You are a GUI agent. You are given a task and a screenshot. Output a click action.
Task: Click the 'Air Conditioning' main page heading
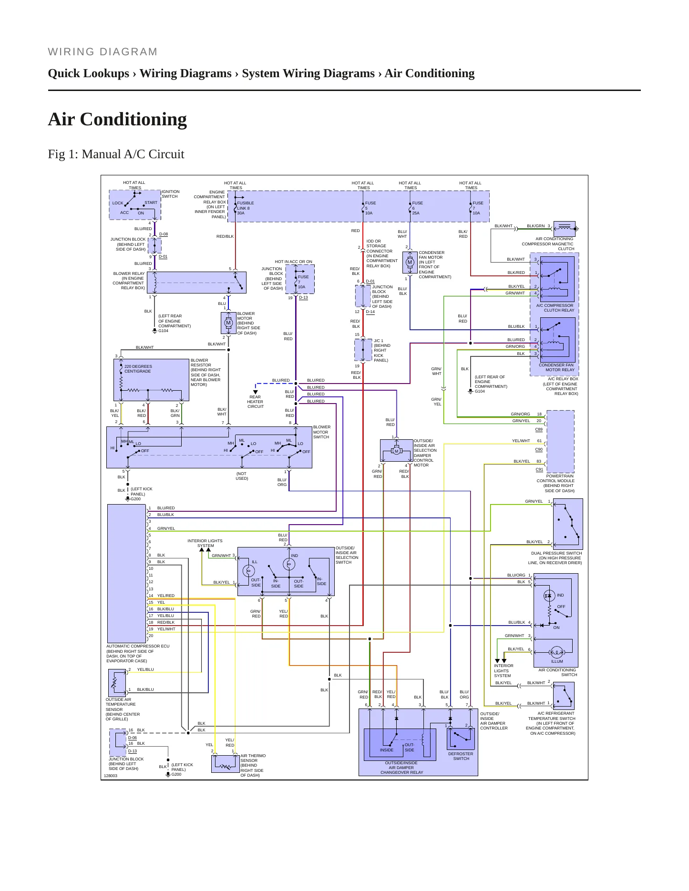click(x=117, y=119)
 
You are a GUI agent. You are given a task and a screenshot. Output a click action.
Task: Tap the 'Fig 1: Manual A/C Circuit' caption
click(x=116, y=154)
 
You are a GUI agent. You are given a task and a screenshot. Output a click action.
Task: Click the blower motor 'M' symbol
click(x=228, y=323)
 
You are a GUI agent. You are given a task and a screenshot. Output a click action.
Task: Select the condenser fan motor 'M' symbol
click(x=410, y=262)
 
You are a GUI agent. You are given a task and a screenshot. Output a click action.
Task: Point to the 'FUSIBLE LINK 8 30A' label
click(x=246, y=208)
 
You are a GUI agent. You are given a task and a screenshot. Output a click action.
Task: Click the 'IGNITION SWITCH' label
click(x=170, y=194)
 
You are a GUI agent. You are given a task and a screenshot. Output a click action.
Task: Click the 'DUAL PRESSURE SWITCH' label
click(x=556, y=553)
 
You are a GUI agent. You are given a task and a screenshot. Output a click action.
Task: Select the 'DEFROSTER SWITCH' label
click(x=461, y=756)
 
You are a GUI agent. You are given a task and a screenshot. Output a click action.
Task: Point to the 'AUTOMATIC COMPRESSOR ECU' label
click(x=138, y=646)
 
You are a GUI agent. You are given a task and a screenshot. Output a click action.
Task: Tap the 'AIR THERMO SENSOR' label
click(x=253, y=758)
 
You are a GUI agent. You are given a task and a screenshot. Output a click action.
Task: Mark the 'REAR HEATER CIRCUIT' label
click(x=256, y=402)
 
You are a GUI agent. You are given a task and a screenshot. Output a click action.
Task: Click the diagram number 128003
click(x=111, y=776)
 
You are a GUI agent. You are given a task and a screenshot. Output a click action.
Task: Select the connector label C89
click(x=539, y=429)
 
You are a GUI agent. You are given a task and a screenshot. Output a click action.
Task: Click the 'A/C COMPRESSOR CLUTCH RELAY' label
click(x=555, y=308)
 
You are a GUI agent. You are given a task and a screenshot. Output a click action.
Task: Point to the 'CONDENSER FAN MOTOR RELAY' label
click(x=556, y=367)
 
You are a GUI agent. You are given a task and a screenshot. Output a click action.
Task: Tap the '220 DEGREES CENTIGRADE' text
click(x=138, y=369)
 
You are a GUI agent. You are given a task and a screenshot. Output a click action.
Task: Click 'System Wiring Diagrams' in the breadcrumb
click(x=308, y=73)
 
